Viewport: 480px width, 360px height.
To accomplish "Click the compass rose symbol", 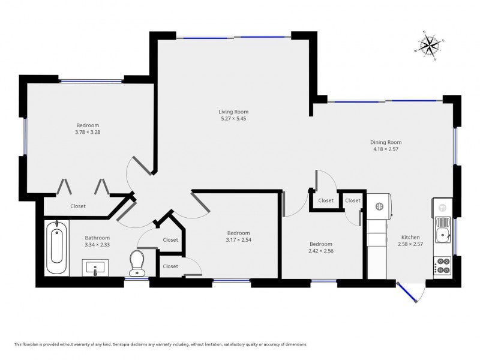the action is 430,46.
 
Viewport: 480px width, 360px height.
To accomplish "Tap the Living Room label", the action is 233,112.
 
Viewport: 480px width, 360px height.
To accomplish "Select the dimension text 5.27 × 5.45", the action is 233,118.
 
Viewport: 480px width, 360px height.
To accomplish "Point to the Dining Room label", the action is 386,142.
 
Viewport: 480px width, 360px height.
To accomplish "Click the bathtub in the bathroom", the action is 56,247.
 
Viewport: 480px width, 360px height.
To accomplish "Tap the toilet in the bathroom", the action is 137,263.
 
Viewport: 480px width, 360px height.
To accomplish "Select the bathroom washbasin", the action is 95,268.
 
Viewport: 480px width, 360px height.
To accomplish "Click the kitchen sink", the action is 443,230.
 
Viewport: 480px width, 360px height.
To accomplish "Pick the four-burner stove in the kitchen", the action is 443,266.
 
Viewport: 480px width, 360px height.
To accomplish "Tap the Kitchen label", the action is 410,237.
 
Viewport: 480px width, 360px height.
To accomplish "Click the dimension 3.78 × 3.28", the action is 88,132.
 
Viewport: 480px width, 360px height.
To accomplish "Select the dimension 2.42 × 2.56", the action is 321,251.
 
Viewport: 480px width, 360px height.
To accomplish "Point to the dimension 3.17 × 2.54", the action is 238,239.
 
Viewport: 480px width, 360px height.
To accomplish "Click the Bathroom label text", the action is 97,238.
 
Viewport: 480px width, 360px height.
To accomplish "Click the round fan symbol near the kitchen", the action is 379,206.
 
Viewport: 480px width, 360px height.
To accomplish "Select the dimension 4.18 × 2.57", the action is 386,149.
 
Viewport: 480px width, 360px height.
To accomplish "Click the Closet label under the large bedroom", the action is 78,206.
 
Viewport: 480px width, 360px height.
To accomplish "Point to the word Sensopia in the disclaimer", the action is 121,344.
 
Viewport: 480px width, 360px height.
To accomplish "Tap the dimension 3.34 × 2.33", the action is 97,245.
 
